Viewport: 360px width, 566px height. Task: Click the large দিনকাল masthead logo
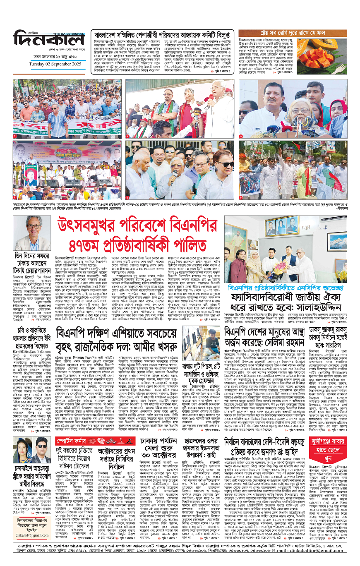click(x=49, y=39)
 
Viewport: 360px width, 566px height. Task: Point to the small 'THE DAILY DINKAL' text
click(x=69, y=33)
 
